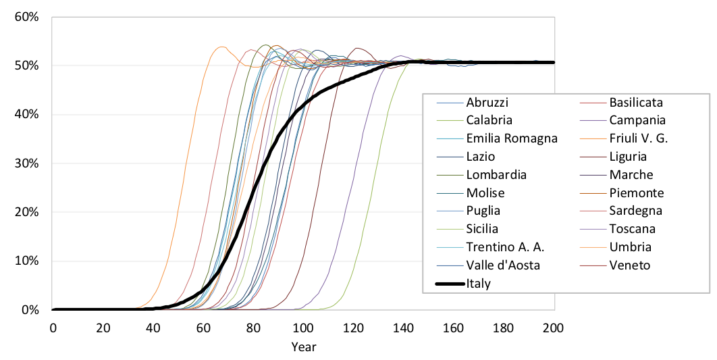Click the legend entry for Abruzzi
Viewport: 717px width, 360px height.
pos(487,103)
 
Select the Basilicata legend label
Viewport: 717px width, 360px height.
pos(635,103)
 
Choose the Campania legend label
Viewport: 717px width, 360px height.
pos(637,120)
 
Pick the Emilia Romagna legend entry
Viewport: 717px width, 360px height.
pos(512,138)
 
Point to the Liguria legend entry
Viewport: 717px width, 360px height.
pos(628,157)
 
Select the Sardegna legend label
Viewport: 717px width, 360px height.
pos(635,211)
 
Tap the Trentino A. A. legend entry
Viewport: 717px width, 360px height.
pos(505,247)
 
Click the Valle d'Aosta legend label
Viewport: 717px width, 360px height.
pos(503,265)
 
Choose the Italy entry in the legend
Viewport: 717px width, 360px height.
pos(478,283)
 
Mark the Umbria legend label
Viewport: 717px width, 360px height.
pos(629,247)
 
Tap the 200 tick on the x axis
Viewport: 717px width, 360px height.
pos(554,328)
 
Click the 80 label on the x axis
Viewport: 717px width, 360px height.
pos(253,328)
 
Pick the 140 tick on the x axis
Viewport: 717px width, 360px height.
pos(403,328)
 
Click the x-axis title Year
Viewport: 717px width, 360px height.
pos(303,347)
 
